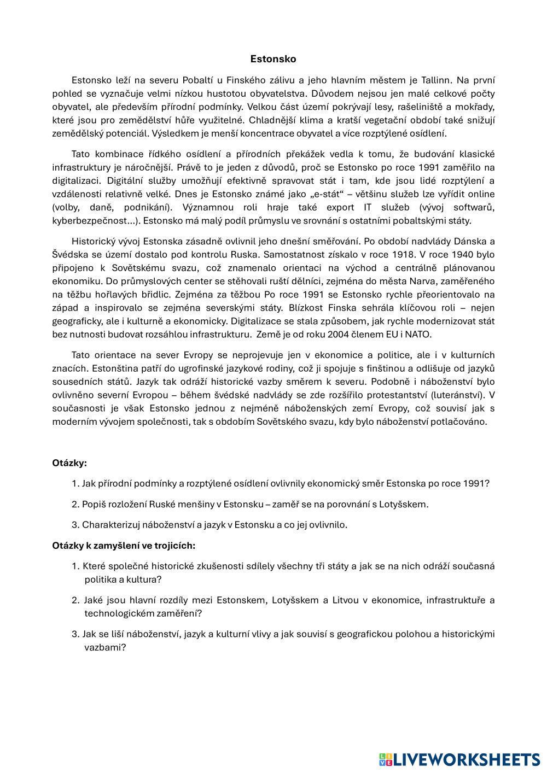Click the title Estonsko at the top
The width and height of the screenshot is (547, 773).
coord(273,58)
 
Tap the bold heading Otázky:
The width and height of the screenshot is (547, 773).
coord(69,463)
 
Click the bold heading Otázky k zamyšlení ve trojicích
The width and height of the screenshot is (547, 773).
coord(124,545)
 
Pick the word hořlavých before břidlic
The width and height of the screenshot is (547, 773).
coord(119,294)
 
